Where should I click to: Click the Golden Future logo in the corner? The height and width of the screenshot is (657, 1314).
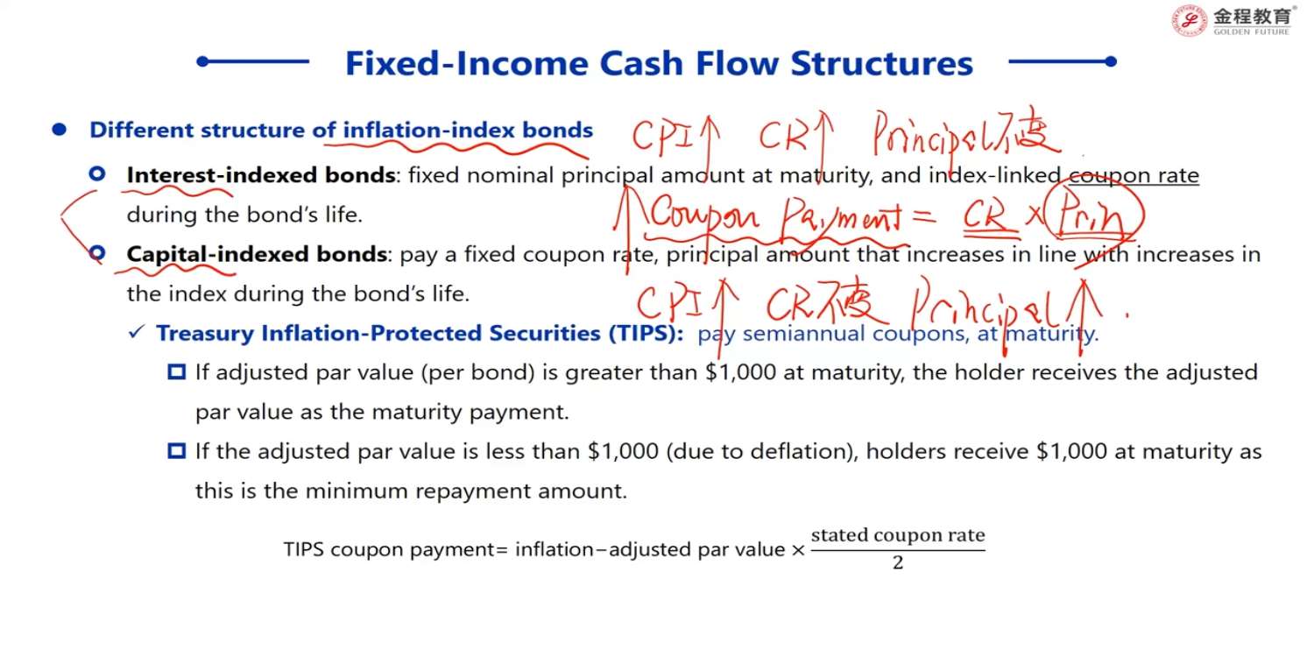pos(1232,21)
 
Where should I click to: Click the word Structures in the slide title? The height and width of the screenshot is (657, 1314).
pos(881,63)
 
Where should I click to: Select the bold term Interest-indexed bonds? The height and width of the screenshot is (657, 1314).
pos(261,175)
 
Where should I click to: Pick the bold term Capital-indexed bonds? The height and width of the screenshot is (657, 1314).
pos(257,254)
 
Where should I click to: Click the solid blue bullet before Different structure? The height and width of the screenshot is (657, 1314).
pos(60,130)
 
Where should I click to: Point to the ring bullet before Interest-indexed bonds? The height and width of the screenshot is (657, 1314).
pos(97,174)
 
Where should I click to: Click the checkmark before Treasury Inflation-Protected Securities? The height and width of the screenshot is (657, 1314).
pos(136,333)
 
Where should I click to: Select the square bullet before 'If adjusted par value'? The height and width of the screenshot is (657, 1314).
pos(177,372)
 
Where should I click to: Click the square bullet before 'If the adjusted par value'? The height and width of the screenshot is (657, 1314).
pos(177,451)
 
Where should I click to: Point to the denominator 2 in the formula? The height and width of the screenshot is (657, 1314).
pos(898,563)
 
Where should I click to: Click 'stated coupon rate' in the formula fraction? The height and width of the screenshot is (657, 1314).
pos(898,535)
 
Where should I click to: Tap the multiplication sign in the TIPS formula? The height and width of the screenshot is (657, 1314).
pos(798,550)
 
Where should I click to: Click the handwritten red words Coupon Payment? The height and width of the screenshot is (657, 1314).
pos(775,215)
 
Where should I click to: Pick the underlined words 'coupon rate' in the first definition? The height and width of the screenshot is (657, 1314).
pos(1134,175)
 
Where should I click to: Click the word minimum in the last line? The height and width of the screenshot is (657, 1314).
pos(356,491)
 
